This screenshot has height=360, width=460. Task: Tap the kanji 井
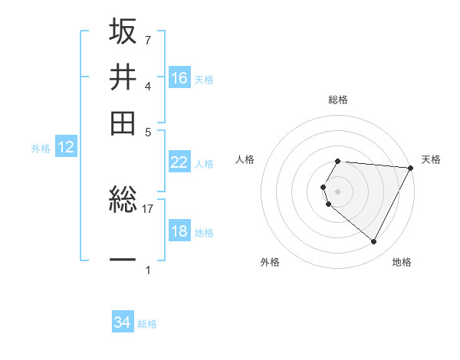click(x=123, y=77)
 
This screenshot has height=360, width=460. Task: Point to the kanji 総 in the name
click(x=123, y=201)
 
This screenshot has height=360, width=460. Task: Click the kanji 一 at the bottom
click(x=123, y=260)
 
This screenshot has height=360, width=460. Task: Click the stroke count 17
click(x=148, y=208)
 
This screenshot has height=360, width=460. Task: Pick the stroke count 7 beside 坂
click(x=147, y=40)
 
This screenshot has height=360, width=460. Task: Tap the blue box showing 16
click(x=179, y=77)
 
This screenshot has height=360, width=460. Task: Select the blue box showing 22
click(x=179, y=162)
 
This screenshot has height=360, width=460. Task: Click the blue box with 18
click(x=179, y=231)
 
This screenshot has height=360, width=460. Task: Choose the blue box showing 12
click(x=66, y=148)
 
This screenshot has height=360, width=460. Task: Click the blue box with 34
click(x=123, y=322)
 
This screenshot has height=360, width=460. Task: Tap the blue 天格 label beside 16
click(x=204, y=80)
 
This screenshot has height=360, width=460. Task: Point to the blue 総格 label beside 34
click(x=147, y=324)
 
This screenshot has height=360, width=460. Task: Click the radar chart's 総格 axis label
click(x=338, y=100)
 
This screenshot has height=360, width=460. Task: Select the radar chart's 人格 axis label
click(x=245, y=159)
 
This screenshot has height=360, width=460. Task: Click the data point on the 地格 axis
click(x=373, y=242)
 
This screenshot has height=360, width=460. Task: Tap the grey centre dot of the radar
click(x=338, y=191)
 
